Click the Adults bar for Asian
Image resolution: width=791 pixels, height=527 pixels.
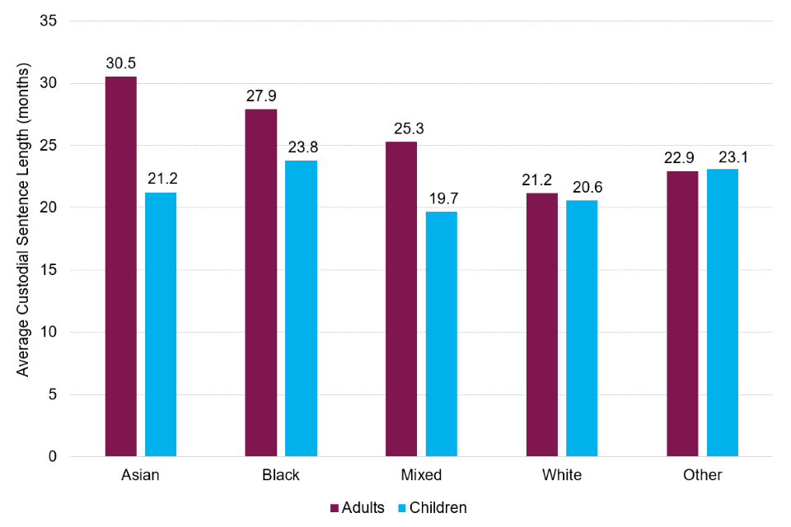121,266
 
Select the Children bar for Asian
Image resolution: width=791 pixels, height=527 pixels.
161,324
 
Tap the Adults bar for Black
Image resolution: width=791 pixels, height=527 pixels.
261,282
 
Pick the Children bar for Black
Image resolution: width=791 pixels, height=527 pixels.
302,308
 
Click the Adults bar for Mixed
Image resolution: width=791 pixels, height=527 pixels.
401,299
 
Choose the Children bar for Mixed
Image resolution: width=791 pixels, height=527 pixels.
442,333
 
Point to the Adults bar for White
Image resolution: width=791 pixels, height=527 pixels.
542,324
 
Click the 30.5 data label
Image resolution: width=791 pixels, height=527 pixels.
121,63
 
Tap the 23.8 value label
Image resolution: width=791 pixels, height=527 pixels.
302,147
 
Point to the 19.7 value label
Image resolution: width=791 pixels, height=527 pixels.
442,198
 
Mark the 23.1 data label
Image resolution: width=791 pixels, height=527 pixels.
723,156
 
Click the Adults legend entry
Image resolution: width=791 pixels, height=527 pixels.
358,507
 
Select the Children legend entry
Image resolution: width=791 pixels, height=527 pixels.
433,507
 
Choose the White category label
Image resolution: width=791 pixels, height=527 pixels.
562,475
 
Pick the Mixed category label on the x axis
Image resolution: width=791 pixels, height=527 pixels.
422,475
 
